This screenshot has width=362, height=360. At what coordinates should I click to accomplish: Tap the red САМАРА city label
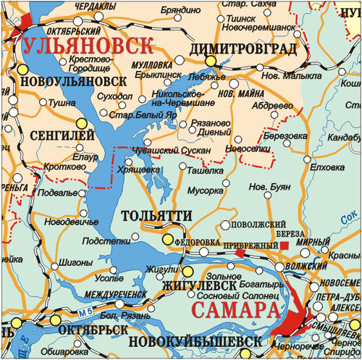pyautogui.click(x=235, y=311)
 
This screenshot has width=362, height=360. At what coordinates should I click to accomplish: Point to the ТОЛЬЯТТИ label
pyautogui.click(x=156, y=216)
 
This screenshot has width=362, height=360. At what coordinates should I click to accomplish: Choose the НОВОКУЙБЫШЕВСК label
pyautogui.click(x=193, y=340)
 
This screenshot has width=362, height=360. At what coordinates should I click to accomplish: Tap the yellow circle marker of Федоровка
pyautogui.click(x=168, y=239)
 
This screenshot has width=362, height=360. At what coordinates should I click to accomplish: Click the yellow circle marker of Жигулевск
pyautogui.click(x=188, y=272)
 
